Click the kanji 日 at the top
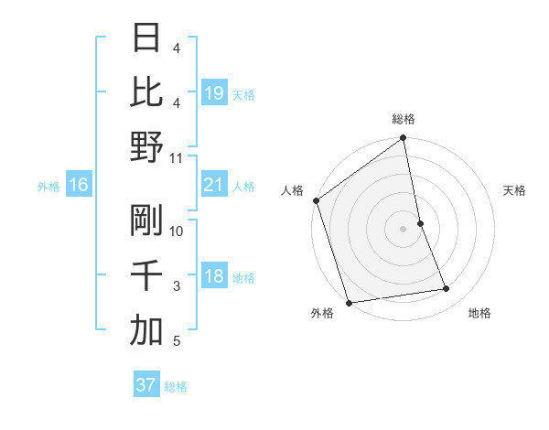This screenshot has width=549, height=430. coord(146,40)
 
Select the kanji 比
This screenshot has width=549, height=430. coord(146,94)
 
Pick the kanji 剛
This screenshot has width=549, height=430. coord(146,220)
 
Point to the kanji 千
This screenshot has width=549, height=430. coord(146,275)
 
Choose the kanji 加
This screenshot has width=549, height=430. coord(146,330)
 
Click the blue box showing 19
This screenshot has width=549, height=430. coord(214,93)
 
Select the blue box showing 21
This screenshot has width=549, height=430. coord(214,185)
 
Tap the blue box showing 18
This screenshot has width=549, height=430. coord(214,276)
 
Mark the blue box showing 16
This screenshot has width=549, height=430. coord(79,186)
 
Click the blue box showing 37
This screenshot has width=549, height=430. coord(145,385)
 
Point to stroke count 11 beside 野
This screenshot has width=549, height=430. coord(177,158)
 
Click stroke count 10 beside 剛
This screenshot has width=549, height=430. coord(177,231)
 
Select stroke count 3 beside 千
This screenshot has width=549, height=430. coord(177,286)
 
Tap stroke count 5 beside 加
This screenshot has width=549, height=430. coord(177,341)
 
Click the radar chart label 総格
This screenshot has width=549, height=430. coord(403,119)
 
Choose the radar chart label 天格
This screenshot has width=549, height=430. coord(514,190)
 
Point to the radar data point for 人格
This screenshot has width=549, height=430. coord(316,200)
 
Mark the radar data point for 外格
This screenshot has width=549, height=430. coord(349,303)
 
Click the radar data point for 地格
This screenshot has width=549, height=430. coord(447,289)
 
